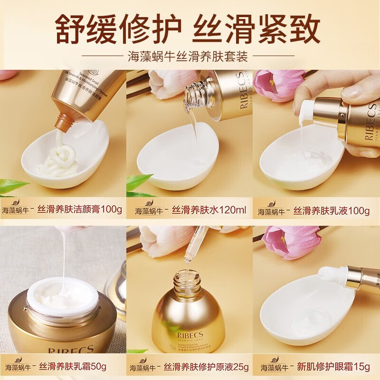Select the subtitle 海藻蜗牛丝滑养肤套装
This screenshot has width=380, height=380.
(190, 57)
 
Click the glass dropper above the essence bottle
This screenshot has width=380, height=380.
(195, 247)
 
